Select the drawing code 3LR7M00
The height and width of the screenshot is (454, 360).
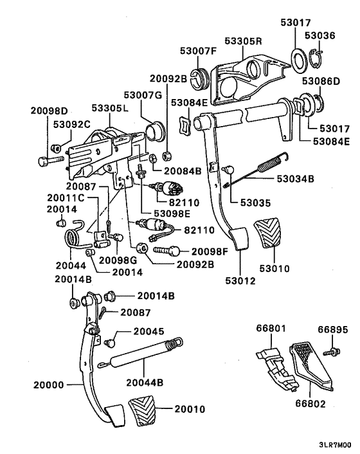[334, 444]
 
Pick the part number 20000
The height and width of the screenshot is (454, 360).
[49, 386]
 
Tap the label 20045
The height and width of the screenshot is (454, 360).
[149, 332]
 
